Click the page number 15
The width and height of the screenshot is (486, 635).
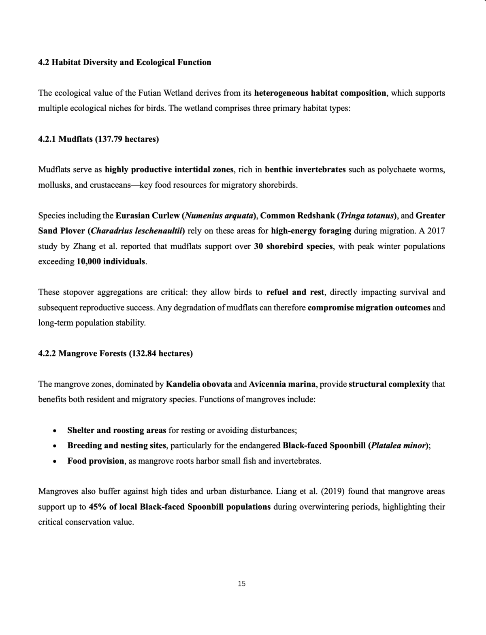pos(242,584)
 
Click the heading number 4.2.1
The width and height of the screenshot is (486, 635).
pos(47,139)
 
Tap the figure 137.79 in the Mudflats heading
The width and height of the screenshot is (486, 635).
pos(109,139)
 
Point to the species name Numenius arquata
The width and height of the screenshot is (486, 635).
pos(219,216)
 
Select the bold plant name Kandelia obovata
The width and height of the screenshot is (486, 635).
pos(199,384)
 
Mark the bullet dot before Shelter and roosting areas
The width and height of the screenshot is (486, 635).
pos(54,431)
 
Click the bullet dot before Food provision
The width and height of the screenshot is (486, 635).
pos(54,462)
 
